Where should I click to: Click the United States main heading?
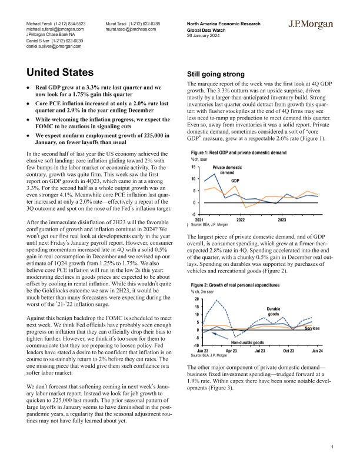point(63,74)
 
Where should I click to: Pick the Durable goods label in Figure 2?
point(274,312)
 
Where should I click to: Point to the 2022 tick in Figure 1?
point(241,219)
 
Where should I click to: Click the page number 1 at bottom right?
point(333,447)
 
